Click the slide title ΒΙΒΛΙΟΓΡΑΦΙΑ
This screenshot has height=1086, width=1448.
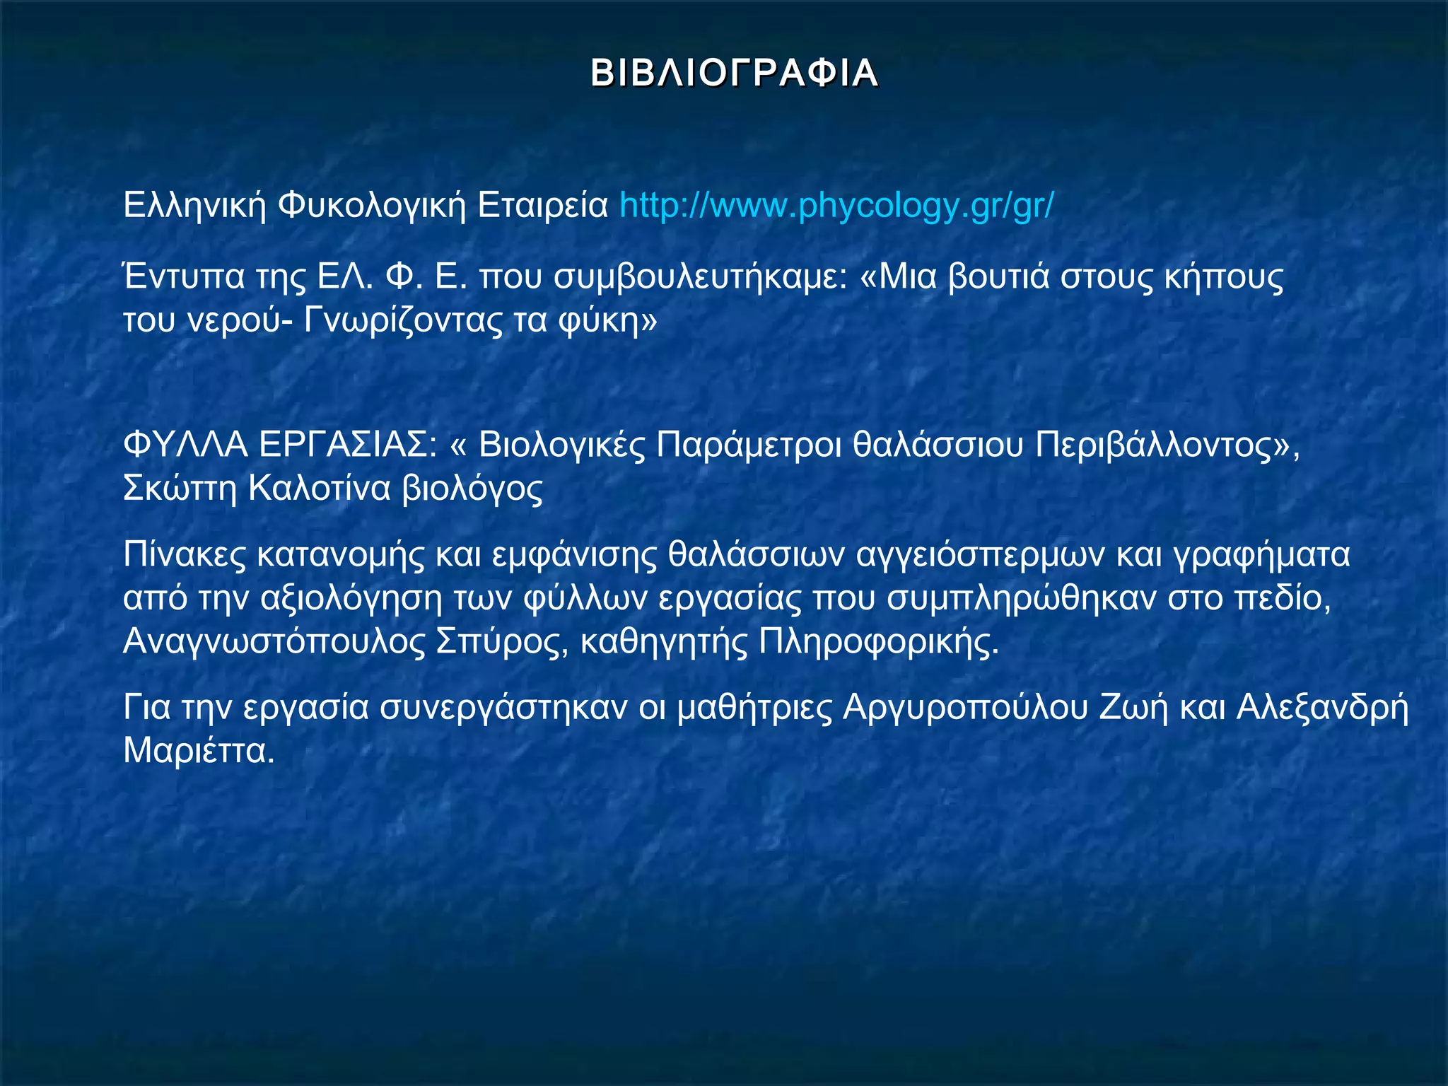734,74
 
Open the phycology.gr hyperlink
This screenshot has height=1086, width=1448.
836,206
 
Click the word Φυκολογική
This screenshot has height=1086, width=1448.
371,206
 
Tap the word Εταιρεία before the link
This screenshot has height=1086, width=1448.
542,206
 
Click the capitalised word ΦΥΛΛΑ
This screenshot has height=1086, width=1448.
185,445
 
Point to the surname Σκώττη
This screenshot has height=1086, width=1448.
180,489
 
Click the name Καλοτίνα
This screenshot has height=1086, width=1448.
319,489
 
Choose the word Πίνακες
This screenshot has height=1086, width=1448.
185,555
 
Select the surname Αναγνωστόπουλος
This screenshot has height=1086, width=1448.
274,642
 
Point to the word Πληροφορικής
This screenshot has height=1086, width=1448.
878,642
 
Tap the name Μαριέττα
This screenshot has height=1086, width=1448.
198,751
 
